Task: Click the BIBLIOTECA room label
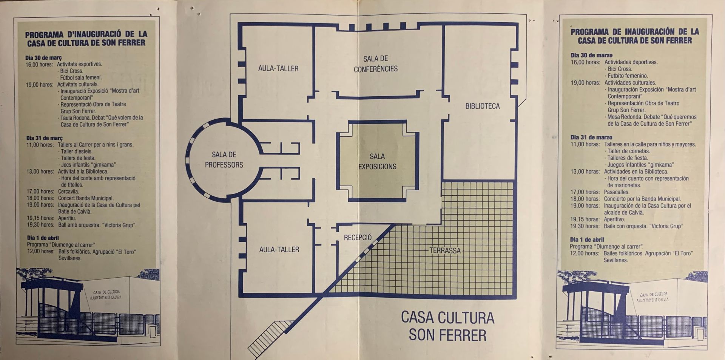(482, 106)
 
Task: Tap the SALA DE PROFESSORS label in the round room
(224, 160)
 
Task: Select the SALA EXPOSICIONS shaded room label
(377, 161)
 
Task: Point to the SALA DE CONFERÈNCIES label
(376, 64)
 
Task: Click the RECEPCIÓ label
(358, 237)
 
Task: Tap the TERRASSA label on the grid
(445, 250)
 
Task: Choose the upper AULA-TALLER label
(278, 68)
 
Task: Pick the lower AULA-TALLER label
(279, 249)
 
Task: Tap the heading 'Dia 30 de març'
(43, 58)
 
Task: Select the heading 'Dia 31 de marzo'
(591, 138)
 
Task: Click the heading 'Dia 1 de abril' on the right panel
(587, 239)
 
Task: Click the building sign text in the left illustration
(105, 295)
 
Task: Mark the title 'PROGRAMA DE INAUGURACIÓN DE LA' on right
(635, 32)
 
